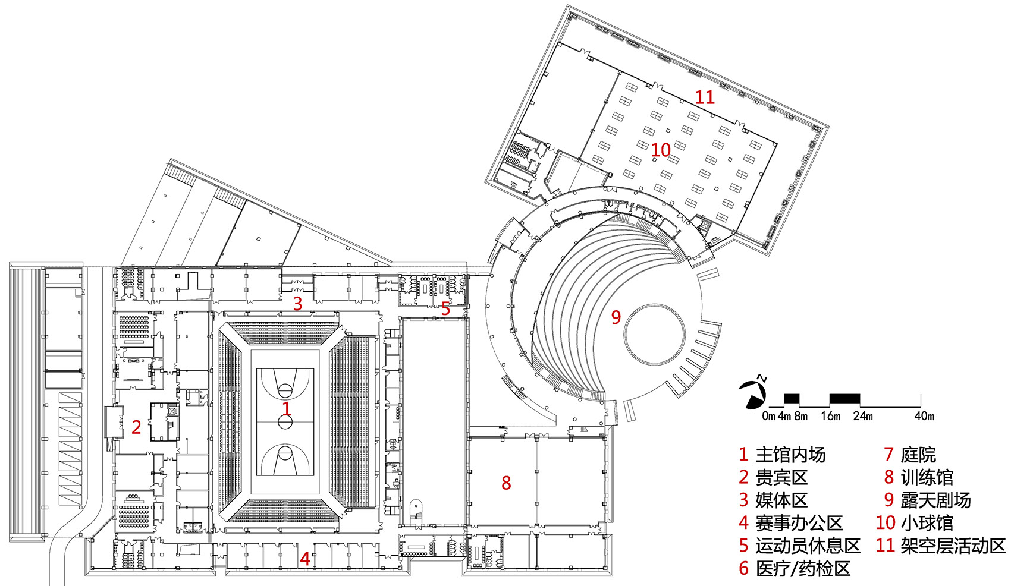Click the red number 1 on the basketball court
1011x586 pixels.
(x=286, y=408)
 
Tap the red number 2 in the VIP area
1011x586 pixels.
(x=136, y=427)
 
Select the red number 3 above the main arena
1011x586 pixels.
(x=297, y=304)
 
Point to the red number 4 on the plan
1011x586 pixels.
(x=304, y=559)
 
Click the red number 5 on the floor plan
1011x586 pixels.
(x=445, y=309)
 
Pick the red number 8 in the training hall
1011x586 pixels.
(x=506, y=483)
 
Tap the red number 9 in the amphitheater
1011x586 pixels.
(x=616, y=317)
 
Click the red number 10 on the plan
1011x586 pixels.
(x=660, y=150)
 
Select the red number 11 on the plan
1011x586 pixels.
(x=705, y=97)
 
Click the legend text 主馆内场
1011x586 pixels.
(x=791, y=454)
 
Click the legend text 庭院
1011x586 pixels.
(x=918, y=454)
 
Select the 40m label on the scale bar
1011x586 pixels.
(x=924, y=416)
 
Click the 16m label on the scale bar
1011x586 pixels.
(x=831, y=416)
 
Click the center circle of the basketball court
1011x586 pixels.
(x=285, y=422)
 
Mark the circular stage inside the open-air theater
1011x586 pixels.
(x=652, y=335)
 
